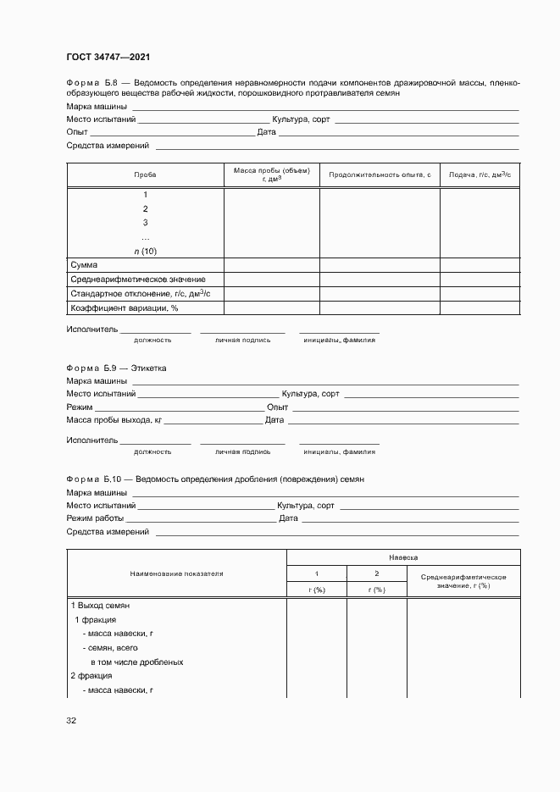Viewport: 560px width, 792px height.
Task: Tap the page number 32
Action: pos(71,721)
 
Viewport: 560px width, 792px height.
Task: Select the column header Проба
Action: pos(145,174)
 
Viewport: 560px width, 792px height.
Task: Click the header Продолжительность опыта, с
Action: pos(379,174)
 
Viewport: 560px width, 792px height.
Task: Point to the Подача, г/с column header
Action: pos(480,174)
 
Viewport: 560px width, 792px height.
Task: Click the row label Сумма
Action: pos(84,265)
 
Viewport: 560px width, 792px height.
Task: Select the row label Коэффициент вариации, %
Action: pos(124,307)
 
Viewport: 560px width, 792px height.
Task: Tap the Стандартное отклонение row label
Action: pos(136,293)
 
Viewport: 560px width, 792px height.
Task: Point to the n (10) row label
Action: pos(145,251)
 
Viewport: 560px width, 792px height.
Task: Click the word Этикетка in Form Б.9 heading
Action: pos(151,368)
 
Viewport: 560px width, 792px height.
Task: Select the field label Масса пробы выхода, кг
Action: pos(114,419)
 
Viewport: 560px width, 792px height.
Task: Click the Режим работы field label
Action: pos(95,518)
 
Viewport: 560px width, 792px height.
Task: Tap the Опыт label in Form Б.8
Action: pos(77,132)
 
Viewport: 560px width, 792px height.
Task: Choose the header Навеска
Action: pos(403,558)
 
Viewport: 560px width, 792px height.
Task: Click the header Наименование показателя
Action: pos(176,573)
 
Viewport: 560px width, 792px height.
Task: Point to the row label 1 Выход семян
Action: pos(99,606)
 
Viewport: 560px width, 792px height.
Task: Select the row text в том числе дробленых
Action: pos(136,662)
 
